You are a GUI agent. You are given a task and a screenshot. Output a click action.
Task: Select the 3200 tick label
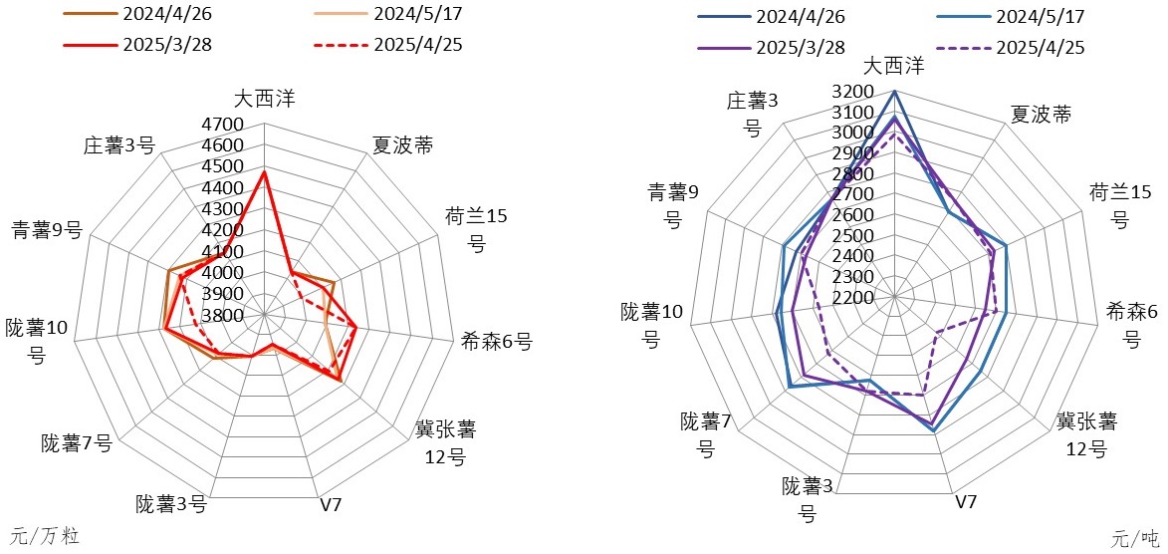[x=853, y=92]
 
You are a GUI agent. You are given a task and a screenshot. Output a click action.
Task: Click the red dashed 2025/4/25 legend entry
[x=387, y=44]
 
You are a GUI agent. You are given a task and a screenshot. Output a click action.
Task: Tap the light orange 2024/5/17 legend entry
[x=387, y=15]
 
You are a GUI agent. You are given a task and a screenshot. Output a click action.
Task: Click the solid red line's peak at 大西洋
[x=264, y=171]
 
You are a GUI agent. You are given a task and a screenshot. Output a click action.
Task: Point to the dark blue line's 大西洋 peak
[x=894, y=92]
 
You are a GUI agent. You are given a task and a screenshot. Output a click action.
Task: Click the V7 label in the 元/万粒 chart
[x=331, y=504]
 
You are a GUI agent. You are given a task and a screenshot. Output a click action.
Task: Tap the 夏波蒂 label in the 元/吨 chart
[x=1041, y=114]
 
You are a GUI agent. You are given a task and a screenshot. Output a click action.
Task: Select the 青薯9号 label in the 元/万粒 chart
[x=45, y=230]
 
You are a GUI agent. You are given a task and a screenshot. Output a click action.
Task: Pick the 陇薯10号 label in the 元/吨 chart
[x=651, y=325]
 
